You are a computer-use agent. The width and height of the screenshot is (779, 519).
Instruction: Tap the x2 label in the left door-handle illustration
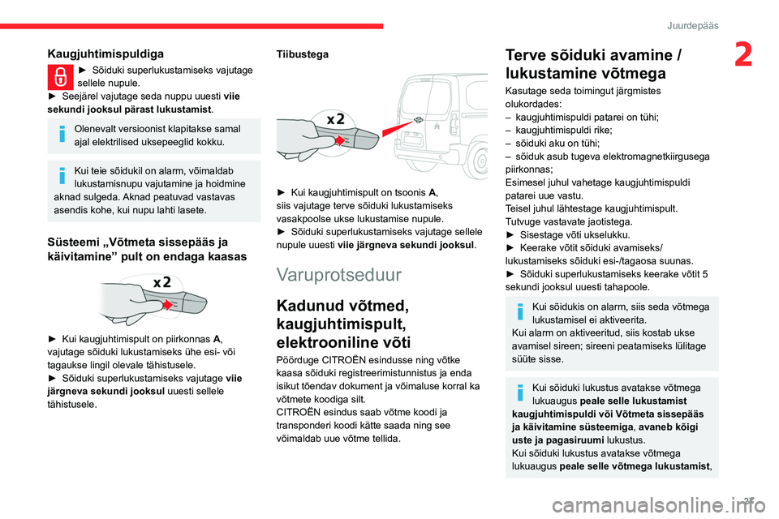pos(161,283)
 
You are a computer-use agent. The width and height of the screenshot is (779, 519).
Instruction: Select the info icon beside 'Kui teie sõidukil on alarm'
pos(61,174)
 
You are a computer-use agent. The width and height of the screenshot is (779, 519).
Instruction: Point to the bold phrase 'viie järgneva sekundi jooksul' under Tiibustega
pos(406,243)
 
